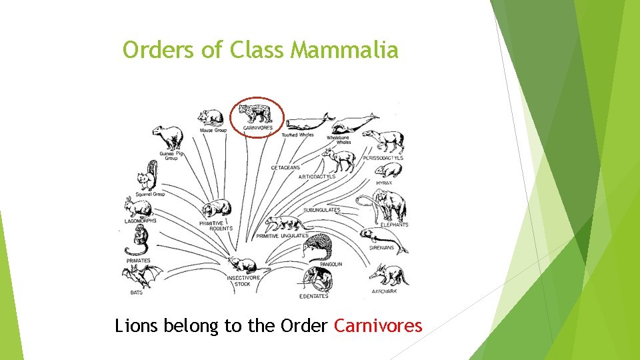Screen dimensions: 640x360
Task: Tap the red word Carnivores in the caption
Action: click(378, 326)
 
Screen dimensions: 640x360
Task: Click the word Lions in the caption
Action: click(135, 326)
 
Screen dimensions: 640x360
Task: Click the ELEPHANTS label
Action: click(394, 225)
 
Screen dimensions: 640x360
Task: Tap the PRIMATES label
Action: click(138, 260)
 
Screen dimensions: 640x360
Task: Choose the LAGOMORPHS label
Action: click(140, 221)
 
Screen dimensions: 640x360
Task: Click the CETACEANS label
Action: click(285, 167)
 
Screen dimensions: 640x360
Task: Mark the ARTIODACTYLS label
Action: click(317, 177)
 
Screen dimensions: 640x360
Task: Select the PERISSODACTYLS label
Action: click(383, 158)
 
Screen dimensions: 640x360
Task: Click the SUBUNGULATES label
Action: click(321, 210)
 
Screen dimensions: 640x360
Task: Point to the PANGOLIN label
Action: click(331, 264)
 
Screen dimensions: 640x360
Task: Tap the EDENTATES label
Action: click(313, 296)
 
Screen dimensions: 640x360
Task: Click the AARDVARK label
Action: click(385, 291)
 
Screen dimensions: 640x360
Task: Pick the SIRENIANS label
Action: click(381, 248)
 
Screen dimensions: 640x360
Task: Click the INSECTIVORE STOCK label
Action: click(243, 281)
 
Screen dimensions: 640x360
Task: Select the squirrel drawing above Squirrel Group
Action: click(146, 176)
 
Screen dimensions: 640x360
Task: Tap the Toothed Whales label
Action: click(297, 135)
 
